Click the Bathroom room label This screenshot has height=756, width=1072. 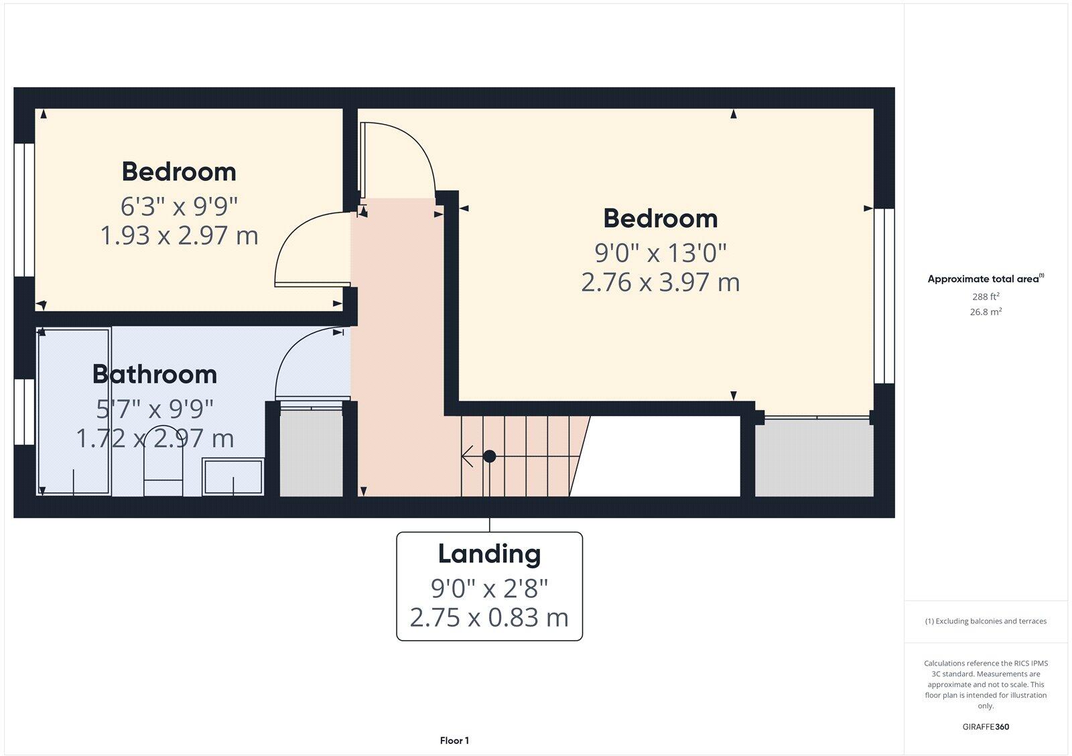tap(155, 374)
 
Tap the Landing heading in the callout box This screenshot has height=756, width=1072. tap(489, 554)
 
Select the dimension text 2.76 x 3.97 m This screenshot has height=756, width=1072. tap(660, 282)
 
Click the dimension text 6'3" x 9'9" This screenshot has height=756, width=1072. tap(179, 206)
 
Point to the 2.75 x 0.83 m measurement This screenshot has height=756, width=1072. tap(489, 617)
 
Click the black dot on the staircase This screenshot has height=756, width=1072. tap(490, 456)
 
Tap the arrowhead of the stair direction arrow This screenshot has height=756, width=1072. tap(466, 456)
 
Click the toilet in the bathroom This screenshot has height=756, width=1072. tap(163, 462)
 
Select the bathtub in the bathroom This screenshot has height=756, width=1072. tap(74, 412)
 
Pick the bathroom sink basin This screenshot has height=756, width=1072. tap(233, 477)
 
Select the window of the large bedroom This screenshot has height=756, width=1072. tap(884, 296)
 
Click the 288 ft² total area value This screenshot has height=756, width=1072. tap(986, 296)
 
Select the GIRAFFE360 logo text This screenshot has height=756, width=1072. tap(986, 727)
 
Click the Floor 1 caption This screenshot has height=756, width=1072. tap(454, 741)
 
